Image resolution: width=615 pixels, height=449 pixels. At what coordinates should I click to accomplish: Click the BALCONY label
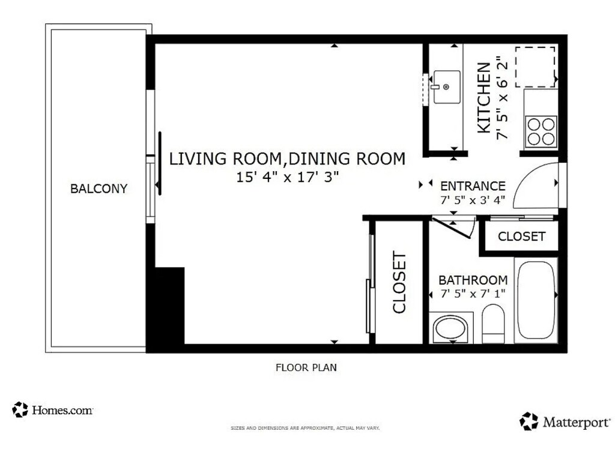tap(99, 188)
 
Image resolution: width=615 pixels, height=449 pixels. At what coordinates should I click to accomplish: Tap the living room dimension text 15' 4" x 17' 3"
tap(287, 177)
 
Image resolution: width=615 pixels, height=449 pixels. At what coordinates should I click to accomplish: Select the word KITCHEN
tap(483, 98)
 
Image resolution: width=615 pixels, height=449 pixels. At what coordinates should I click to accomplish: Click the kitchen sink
tap(447, 87)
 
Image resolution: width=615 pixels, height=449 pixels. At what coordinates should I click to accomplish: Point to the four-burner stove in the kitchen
tap(541, 131)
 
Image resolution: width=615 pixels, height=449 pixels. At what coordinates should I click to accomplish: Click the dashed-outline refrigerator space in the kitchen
tap(535, 67)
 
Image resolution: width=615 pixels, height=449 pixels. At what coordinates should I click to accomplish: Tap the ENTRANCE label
tap(473, 186)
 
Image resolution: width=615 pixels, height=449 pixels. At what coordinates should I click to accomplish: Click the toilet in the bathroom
tap(493, 324)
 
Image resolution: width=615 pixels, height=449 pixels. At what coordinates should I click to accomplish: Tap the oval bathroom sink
tap(451, 328)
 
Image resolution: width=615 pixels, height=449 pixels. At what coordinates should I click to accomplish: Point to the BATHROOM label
tap(473, 280)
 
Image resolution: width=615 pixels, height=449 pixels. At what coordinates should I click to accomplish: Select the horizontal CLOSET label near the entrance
tap(521, 237)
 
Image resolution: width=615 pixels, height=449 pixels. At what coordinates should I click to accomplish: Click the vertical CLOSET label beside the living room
tap(399, 282)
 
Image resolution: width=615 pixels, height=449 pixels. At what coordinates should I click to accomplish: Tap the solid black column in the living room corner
tap(170, 306)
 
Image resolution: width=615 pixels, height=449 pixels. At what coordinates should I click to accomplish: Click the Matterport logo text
tap(576, 423)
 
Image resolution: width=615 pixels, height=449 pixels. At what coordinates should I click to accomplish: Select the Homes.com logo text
tap(62, 411)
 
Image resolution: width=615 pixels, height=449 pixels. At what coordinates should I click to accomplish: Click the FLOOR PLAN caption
tap(306, 367)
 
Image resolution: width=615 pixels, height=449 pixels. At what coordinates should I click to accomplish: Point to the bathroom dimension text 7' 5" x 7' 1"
tap(473, 294)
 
